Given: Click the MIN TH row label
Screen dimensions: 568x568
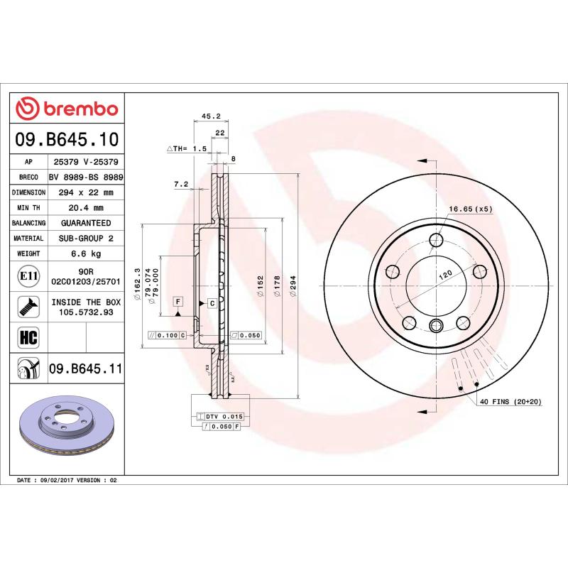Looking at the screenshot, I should coord(30,208).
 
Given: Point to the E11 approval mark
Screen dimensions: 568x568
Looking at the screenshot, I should coord(29,275).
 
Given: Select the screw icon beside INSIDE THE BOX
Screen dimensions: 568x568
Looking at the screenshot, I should coord(29,307).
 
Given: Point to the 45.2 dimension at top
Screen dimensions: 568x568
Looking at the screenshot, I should coord(211,116).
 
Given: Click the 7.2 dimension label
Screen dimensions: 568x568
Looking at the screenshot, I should coord(181,185).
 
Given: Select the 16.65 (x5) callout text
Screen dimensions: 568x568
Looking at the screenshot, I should coord(470,209).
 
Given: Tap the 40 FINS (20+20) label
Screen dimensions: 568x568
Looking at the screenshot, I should coord(510,402).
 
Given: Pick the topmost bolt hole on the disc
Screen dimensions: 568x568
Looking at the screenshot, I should coord(436,241).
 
